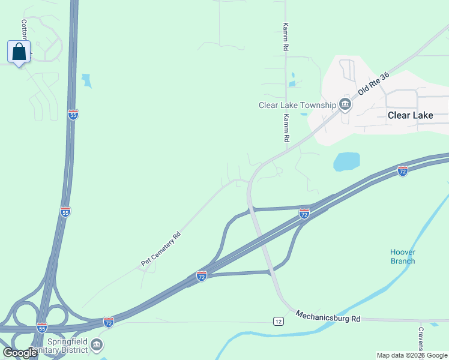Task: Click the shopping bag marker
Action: coord(19,52)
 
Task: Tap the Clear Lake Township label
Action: coord(297,105)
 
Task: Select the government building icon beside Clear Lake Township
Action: coord(345,105)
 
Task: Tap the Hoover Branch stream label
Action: coord(403,256)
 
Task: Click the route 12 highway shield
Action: coord(278,322)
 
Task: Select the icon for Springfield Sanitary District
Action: coord(97,345)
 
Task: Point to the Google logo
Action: coord(20,353)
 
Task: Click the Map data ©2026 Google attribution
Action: coord(412,355)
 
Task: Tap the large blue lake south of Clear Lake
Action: coord(346,161)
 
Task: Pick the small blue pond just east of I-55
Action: coord(87,80)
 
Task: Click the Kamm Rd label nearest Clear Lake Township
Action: coord(287,127)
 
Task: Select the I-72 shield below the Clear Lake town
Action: coord(403,171)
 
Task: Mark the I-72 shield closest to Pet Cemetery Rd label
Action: coord(202,276)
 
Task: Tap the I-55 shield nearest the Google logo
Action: coord(41,328)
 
